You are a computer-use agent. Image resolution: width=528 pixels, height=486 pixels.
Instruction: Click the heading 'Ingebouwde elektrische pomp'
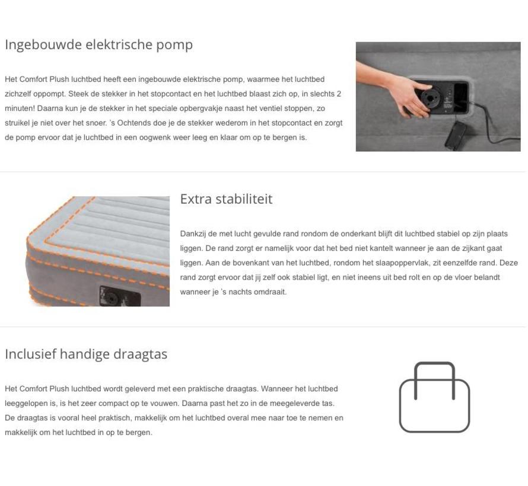click(x=98, y=44)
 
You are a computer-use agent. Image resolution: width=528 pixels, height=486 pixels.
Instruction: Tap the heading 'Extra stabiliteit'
click(x=226, y=199)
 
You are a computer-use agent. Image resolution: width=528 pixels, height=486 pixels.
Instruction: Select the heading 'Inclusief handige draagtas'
click(x=86, y=354)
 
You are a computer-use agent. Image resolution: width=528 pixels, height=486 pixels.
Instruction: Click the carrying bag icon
click(x=434, y=397)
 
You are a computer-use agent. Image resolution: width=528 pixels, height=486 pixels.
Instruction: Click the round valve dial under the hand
click(x=430, y=97)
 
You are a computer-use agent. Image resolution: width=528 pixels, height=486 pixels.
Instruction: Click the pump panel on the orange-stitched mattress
click(x=119, y=296)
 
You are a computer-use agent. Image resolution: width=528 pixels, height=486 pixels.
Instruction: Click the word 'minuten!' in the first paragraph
click(x=20, y=108)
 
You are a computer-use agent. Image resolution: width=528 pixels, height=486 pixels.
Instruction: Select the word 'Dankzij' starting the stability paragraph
click(x=193, y=234)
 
